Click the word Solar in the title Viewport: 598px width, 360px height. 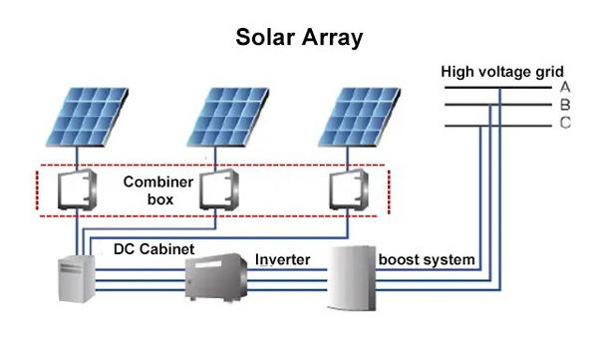coord(265,37)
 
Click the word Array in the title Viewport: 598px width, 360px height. coord(332,39)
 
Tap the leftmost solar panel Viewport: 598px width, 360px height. coord(88,117)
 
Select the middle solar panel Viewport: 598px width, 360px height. coord(228,117)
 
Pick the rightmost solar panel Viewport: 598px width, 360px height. coord(360,117)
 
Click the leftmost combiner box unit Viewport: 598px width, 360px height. coord(77,189)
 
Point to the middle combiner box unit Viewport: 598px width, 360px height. coord(219,189)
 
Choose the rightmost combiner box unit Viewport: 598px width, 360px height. coord(349,189)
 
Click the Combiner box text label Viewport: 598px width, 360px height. coord(158,190)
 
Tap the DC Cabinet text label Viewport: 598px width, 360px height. coord(154,249)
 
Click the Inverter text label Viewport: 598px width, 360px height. coord(283,259)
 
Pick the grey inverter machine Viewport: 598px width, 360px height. coord(216,277)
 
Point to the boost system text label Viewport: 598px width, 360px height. coord(427,260)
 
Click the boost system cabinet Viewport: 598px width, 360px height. coord(352,278)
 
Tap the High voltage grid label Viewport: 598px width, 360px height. coord(502,72)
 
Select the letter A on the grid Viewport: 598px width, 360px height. coord(565,87)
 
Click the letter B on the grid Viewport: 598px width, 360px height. coord(565,105)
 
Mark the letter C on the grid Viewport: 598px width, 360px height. coord(565,123)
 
